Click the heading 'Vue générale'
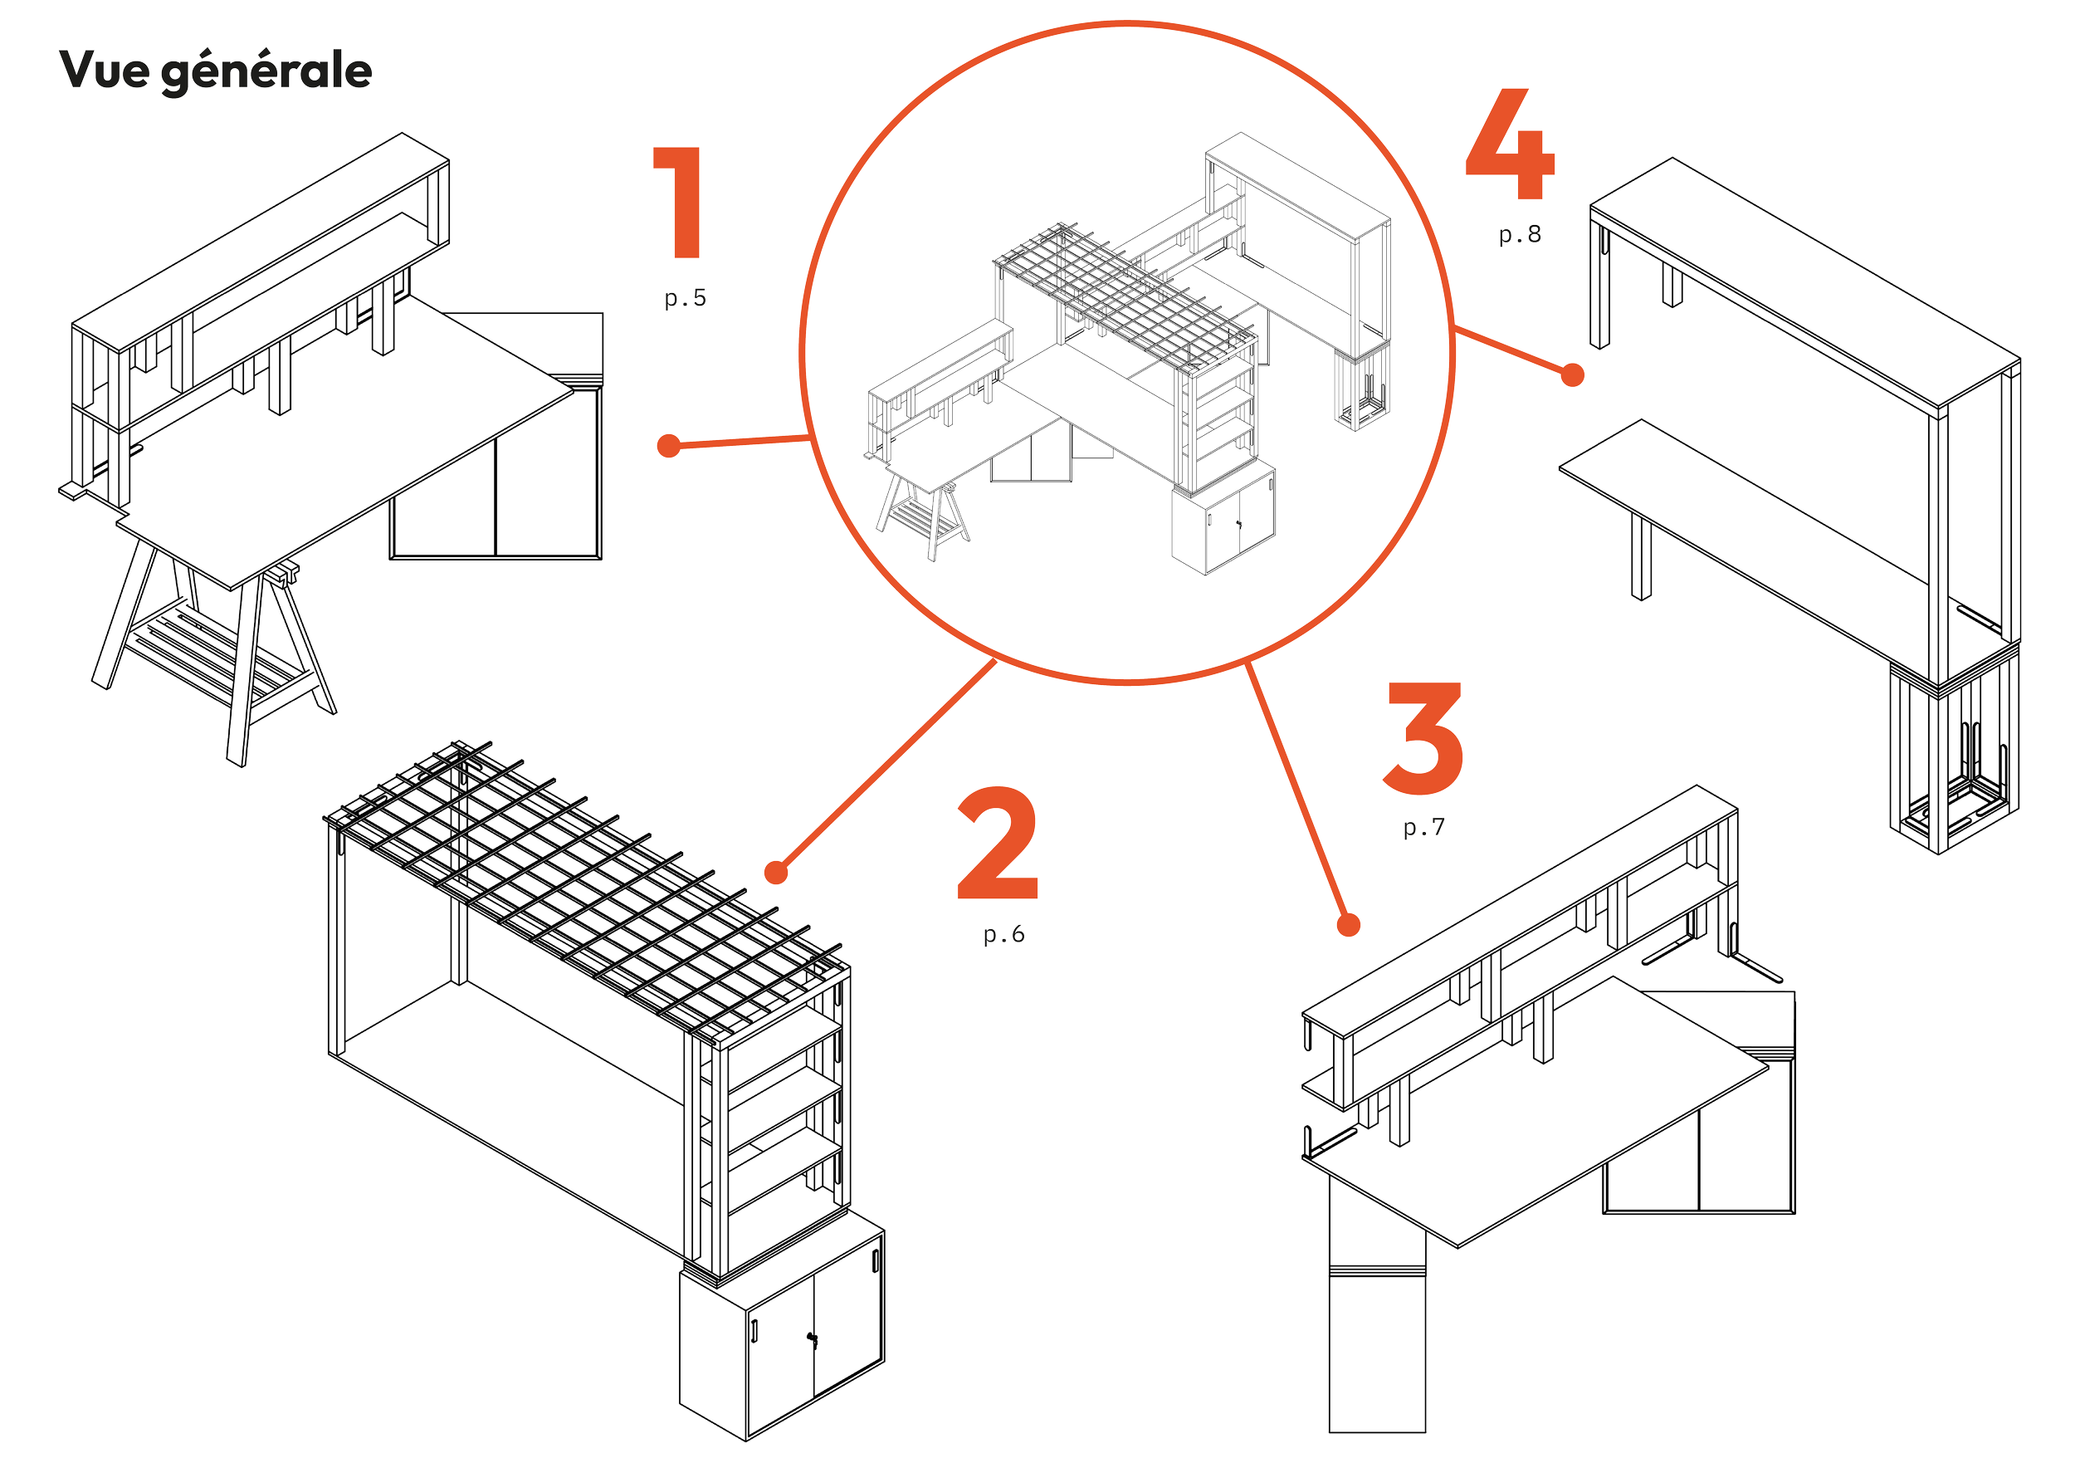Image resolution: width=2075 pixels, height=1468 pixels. coord(215,71)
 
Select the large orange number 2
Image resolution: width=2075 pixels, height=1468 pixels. coord(997,843)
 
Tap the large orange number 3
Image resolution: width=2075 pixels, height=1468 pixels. coord(1423,738)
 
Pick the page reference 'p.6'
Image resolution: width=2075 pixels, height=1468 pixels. coord(1004,934)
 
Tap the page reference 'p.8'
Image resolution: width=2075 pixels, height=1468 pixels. coord(1520,234)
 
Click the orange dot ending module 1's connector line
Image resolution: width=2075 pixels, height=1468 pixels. coord(669,446)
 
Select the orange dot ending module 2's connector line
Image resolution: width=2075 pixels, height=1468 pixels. coord(776,873)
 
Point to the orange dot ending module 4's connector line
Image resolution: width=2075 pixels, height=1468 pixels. coord(1573,374)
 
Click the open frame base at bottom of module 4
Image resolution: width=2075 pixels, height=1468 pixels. coord(1955,756)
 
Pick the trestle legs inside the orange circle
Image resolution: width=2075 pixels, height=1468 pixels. coord(923,516)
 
